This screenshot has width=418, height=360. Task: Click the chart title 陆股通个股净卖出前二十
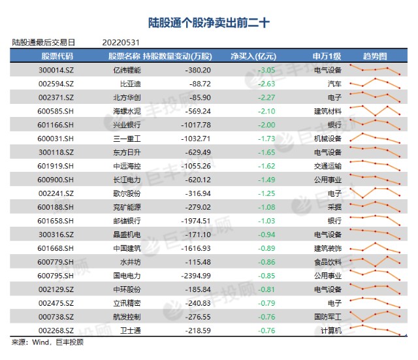click(209, 23)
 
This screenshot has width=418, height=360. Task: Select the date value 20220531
click(121, 42)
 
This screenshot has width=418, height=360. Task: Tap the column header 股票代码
click(57, 56)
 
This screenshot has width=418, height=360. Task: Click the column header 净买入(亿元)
click(253, 56)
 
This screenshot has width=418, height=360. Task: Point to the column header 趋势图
click(374, 56)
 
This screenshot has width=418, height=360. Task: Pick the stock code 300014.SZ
click(56, 70)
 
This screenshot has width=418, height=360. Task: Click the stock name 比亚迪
click(130, 84)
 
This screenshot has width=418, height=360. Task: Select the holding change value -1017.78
click(196, 125)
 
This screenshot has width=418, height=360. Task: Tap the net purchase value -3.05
click(266, 70)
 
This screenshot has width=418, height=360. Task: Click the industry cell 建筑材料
click(328, 111)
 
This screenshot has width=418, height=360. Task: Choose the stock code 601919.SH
click(56, 166)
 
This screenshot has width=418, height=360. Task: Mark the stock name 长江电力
click(127, 180)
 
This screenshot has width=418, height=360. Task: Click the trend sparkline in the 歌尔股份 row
click(375, 193)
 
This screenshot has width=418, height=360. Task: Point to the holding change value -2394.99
click(196, 276)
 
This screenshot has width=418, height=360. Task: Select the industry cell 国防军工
click(328, 317)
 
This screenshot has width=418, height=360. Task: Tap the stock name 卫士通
click(130, 331)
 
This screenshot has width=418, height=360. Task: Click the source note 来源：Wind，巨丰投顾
click(48, 342)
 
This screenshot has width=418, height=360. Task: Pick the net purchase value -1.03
click(266, 221)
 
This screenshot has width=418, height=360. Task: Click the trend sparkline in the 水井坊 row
click(375, 261)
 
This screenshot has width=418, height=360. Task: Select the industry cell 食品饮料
click(328, 262)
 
